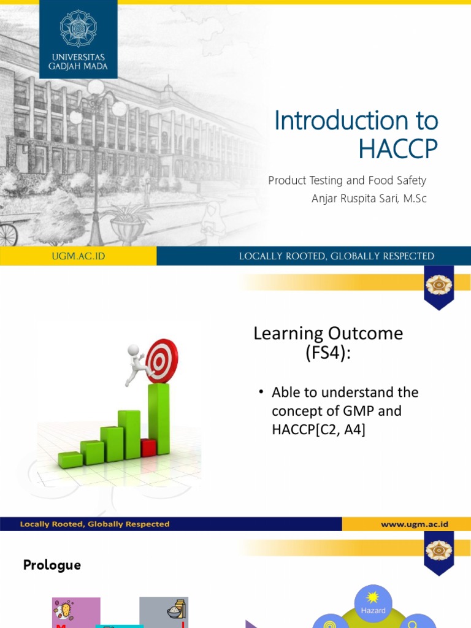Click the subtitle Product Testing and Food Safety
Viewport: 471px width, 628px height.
[x=347, y=180]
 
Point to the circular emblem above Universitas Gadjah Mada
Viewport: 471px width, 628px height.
[x=78, y=28]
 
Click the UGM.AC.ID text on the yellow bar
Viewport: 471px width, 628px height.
[x=78, y=256]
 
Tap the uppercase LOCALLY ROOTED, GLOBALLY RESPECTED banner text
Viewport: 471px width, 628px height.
[x=336, y=256]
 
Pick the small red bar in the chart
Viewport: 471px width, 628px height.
[x=148, y=448]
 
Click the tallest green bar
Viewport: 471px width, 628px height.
[x=159, y=418]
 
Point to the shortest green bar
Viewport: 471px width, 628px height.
[x=70, y=459]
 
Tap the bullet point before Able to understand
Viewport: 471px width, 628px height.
[x=261, y=392]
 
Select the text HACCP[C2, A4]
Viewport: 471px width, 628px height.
[x=318, y=430]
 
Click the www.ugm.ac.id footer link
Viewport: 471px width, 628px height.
[x=415, y=524]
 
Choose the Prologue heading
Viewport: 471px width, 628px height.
[x=52, y=565]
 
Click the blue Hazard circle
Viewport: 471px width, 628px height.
[x=373, y=607]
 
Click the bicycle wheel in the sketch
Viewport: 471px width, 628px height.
[x=7, y=234]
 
